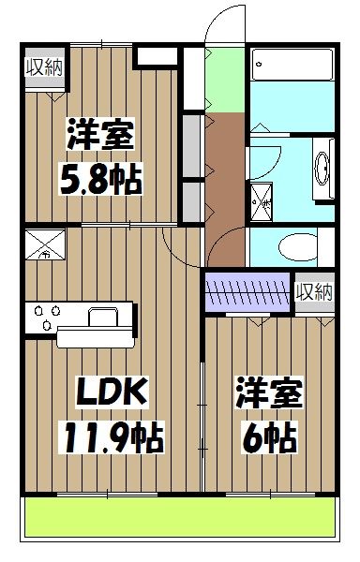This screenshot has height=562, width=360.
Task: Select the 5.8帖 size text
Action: pos(102,177)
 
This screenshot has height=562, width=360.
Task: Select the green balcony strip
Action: pos(178,517)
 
